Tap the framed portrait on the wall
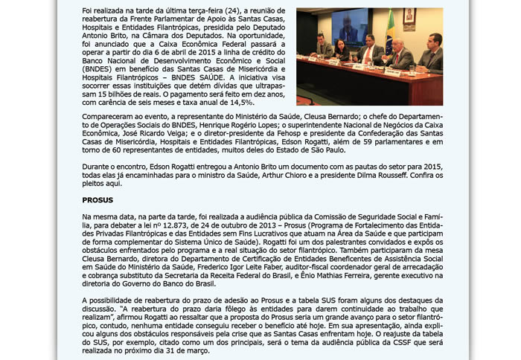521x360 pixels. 409,17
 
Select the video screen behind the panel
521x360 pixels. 349,28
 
